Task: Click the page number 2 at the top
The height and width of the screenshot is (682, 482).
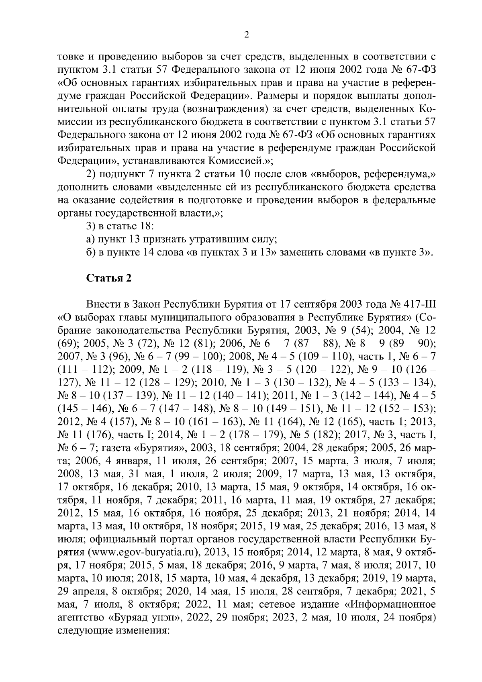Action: (x=247, y=35)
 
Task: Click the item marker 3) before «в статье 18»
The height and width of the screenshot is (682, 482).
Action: (x=91, y=226)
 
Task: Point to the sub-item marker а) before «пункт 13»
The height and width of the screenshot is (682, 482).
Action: (x=90, y=239)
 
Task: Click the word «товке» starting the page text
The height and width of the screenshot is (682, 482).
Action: (x=71, y=55)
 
